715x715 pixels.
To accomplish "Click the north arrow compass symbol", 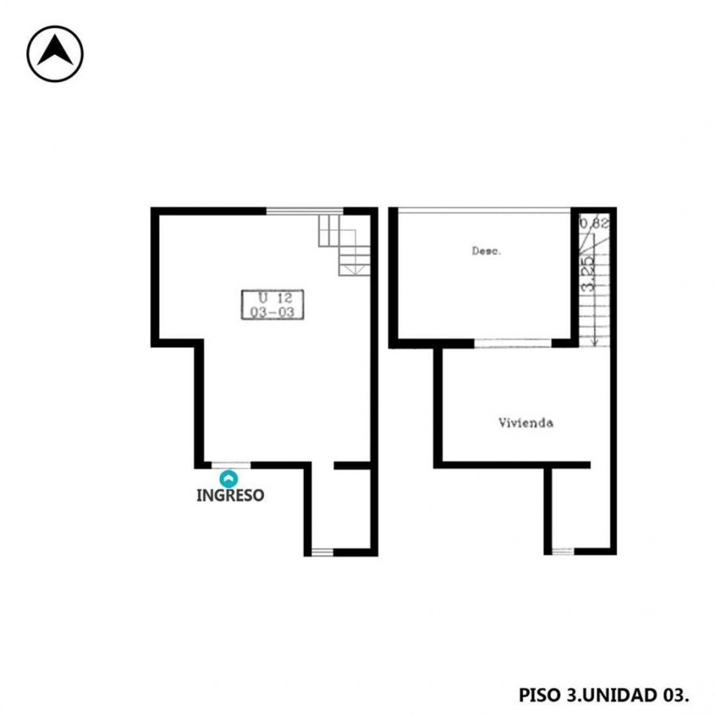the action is click(55, 53).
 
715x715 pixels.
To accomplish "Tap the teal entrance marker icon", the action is click(229, 479).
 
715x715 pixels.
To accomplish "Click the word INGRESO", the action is click(230, 496).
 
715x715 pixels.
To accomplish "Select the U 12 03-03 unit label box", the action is click(272, 305).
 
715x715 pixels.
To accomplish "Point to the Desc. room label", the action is click(486, 251).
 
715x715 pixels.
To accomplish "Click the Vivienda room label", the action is click(526, 423).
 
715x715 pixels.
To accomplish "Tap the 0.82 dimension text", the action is click(594, 224).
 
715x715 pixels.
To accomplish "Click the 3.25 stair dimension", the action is click(589, 274).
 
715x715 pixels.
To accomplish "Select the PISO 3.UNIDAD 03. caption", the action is click(604, 695).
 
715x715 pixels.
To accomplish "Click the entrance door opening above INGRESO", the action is click(231, 465).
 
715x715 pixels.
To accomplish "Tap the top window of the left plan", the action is click(305, 211).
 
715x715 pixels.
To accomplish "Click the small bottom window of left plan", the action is click(322, 552).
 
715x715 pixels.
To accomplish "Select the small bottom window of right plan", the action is click(563, 551).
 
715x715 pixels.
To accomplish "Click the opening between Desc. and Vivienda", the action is click(513, 343).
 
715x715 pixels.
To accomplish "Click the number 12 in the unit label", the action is click(284, 298).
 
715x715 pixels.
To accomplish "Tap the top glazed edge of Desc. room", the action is click(484, 210).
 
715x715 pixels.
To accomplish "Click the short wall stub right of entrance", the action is click(352, 466).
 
